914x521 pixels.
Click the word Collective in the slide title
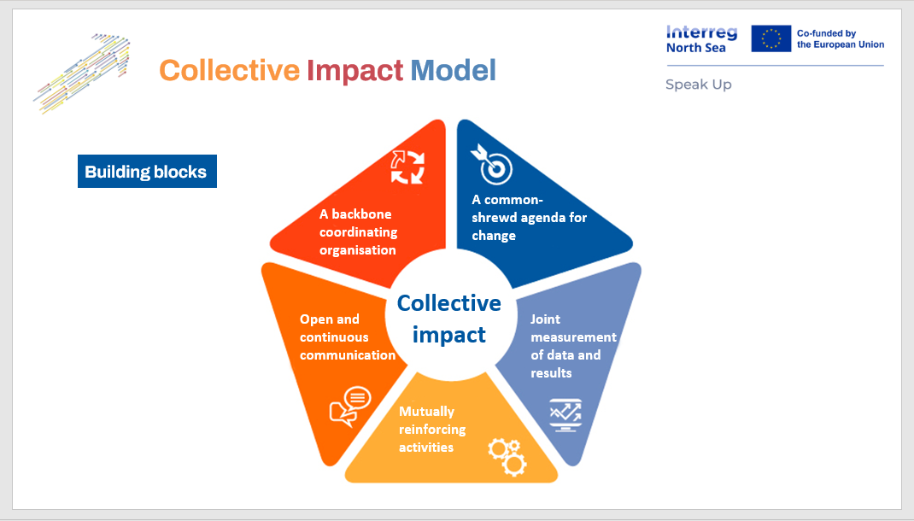pos(229,70)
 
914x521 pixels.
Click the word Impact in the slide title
pos(354,70)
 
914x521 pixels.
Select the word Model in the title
pos(453,70)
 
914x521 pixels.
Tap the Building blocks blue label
pos(146,172)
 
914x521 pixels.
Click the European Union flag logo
pos(770,38)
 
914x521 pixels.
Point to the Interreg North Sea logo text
pos(700,38)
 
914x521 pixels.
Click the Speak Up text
pos(698,85)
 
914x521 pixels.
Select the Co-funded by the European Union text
pos(840,38)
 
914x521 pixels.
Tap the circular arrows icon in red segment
pos(407,166)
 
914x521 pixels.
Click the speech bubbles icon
pos(350,406)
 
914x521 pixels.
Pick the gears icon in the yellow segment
pos(507,456)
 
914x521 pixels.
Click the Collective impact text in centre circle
pos(449,319)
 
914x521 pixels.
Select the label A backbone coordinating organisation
pos(358,232)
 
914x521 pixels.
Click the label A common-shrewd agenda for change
pos(529,217)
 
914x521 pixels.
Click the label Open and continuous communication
pos(347,337)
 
